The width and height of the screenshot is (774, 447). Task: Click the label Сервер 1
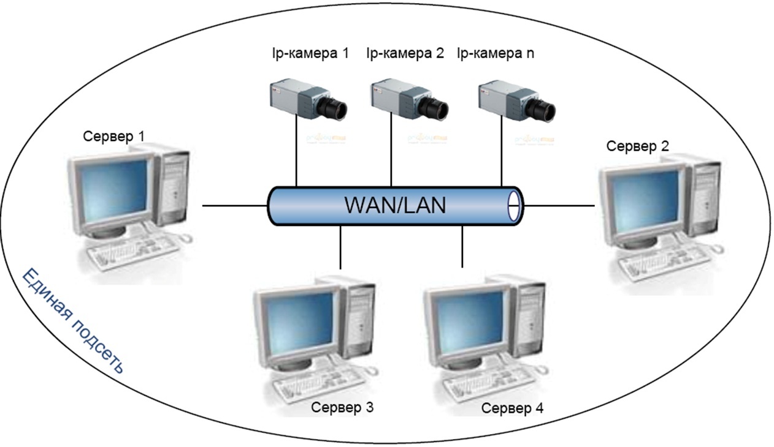tap(114, 136)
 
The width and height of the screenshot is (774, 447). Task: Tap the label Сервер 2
tap(637, 146)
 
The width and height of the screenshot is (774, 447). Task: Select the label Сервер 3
tap(342, 407)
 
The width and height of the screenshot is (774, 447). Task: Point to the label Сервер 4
tap(512, 408)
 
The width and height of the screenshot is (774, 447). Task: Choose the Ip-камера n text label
tap(496, 53)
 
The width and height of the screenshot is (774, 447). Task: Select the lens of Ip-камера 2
tap(436, 108)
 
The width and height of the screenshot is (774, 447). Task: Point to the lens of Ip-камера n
tap(543, 108)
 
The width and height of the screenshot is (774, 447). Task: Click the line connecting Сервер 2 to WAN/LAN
tap(559, 206)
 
